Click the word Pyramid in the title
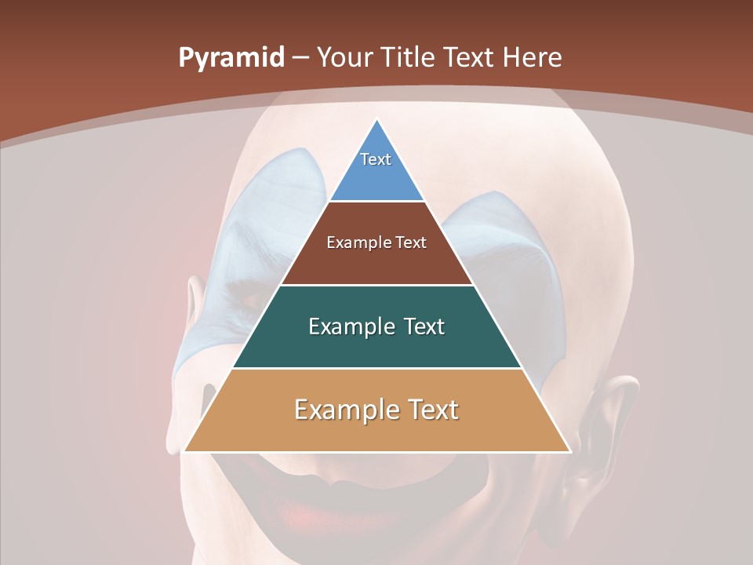tap(231, 58)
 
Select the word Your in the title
tap(345, 58)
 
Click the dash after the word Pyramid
tap(300, 58)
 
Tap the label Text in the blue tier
tap(376, 159)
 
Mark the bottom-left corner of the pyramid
tap(185, 451)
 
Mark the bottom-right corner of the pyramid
tap(569, 451)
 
